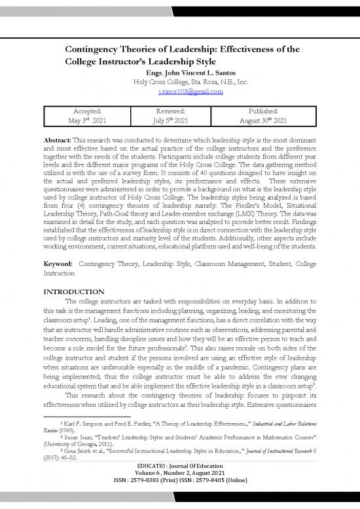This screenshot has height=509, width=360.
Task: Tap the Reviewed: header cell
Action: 180,111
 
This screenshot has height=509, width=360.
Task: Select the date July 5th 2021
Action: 180,121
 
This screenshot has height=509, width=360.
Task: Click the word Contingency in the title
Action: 99,49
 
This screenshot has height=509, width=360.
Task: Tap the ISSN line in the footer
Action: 180,499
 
